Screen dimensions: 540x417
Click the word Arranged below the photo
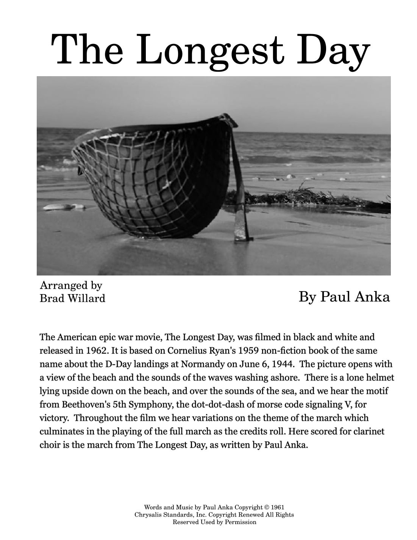(x=58, y=285)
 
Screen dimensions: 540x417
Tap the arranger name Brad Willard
(x=72, y=299)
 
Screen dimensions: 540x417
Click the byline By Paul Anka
(x=344, y=297)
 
